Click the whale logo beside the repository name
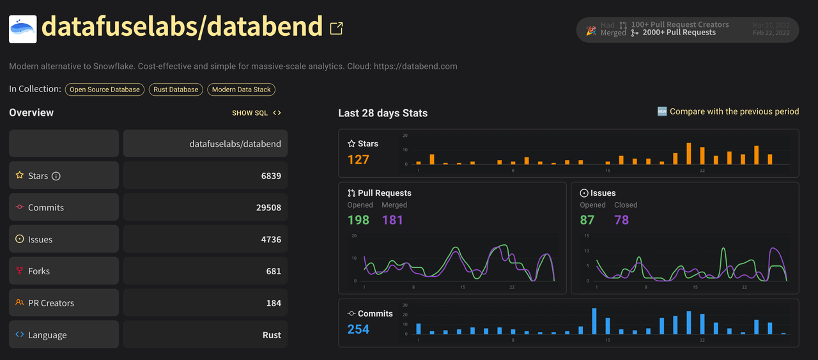(x=23, y=29)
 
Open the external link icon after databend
(x=336, y=28)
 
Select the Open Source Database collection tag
(x=105, y=90)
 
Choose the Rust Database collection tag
(x=176, y=90)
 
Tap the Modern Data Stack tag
(x=242, y=90)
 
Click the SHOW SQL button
(x=256, y=113)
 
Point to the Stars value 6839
(x=271, y=176)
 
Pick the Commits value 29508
(x=268, y=208)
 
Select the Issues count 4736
(x=271, y=240)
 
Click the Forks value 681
(x=274, y=271)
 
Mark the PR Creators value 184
(x=274, y=303)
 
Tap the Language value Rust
(x=272, y=335)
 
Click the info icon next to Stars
(x=56, y=176)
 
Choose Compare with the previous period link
(x=734, y=112)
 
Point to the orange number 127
(x=359, y=159)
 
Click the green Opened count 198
(x=359, y=220)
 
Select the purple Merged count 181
(x=392, y=220)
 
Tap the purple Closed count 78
(x=621, y=220)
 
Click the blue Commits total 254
(x=359, y=329)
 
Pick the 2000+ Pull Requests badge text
(x=679, y=33)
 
